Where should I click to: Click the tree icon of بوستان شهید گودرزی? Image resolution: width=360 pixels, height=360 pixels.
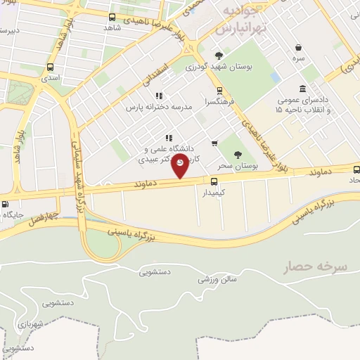220,55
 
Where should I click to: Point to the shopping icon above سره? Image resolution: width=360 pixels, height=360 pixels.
300,48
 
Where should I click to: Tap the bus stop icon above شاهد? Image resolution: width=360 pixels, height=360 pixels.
112,17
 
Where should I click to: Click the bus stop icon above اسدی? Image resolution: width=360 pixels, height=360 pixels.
49,67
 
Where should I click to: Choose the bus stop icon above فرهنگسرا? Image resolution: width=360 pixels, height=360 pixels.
220,90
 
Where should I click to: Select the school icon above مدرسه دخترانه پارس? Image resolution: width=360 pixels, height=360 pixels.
159,96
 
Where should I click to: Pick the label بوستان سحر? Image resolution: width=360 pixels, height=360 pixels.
238,166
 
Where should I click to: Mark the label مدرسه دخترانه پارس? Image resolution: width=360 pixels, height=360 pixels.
158,108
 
